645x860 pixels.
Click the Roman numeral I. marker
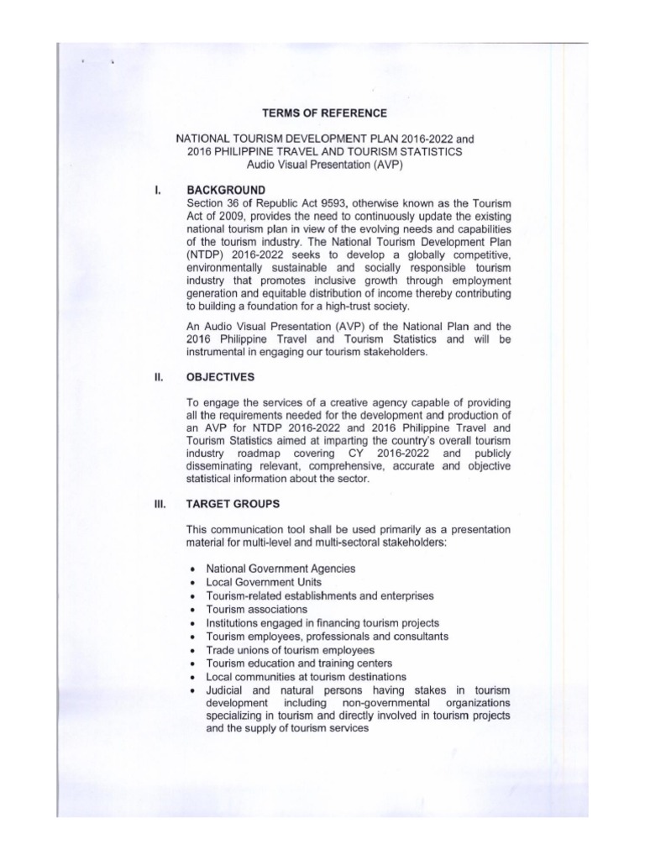coord(158,190)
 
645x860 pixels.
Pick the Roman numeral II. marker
coord(158,377)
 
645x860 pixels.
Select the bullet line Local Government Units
coord(264,582)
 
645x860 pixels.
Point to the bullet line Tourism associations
coord(256,609)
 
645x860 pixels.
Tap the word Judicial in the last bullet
coord(225,690)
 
